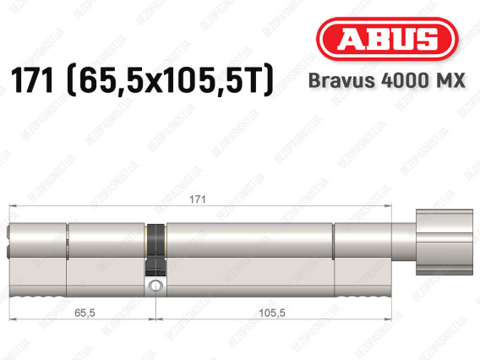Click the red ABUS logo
pyautogui.click(x=387, y=39)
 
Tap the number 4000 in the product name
pyautogui.click(x=405, y=80)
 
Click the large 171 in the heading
pyautogui.click(x=32, y=80)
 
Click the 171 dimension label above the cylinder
pyautogui.click(x=198, y=199)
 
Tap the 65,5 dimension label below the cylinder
pyautogui.click(x=85, y=313)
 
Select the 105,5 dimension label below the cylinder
pyautogui.click(x=272, y=313)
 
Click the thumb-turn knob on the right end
pyautogui.click(x=445, y=243)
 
